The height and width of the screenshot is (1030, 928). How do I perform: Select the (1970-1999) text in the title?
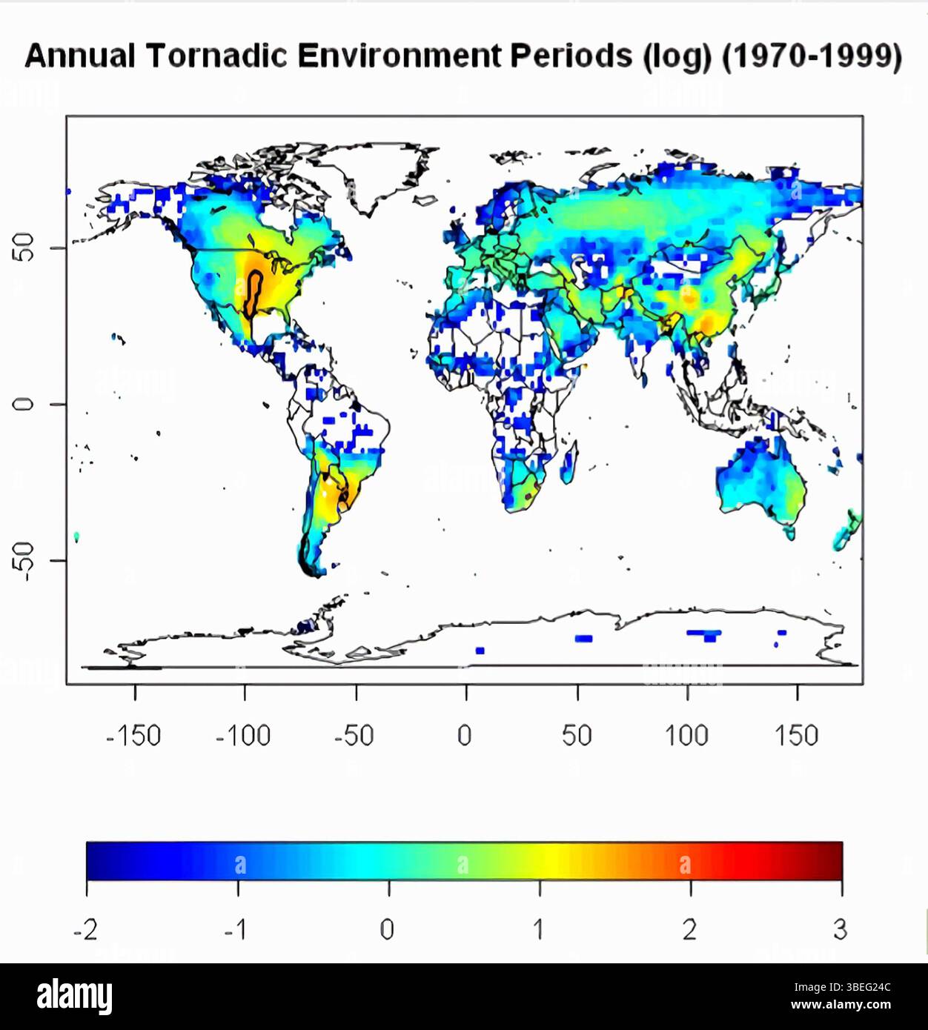pos(812,57)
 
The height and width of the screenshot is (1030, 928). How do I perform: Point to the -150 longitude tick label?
pos(133,736)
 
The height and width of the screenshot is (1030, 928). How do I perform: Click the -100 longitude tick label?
pos(243,736)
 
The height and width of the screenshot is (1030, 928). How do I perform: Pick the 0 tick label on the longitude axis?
pos(465,736)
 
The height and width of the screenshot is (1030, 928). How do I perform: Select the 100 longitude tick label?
pos(686,736)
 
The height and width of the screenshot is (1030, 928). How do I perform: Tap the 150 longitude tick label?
pos(797,736)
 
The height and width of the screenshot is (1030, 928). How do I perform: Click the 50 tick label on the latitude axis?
pos(24,247)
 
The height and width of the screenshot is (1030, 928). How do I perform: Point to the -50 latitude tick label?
pos(24,561)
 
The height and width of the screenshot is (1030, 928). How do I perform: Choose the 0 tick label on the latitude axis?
pos(24,404)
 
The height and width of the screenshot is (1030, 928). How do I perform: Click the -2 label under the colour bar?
pos(85,929)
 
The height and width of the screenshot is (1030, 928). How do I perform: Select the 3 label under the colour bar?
pos(840,929)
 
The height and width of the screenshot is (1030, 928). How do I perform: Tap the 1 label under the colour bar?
pos(539,929)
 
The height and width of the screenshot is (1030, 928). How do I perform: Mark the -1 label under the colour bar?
pos(236,929)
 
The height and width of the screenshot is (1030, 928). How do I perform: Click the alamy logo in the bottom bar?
pos(74,996)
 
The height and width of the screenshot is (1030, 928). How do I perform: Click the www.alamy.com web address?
pos(841,1006)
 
